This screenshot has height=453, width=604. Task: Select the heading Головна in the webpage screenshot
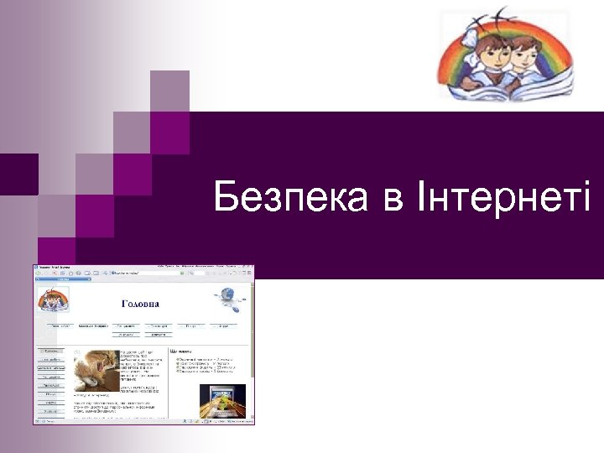pos(140,304)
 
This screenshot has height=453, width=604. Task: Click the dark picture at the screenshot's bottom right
pos(222,400)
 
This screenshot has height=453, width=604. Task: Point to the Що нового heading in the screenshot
pos(183,351)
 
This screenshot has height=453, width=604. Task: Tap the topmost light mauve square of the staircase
pos(169,91)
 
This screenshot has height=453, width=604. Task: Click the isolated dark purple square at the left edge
pos(18,174)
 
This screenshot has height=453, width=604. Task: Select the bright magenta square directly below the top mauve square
pos(169,132)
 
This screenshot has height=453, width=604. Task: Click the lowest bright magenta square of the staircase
pos(94,216)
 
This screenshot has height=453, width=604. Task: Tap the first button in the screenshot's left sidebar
pos(51,351)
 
